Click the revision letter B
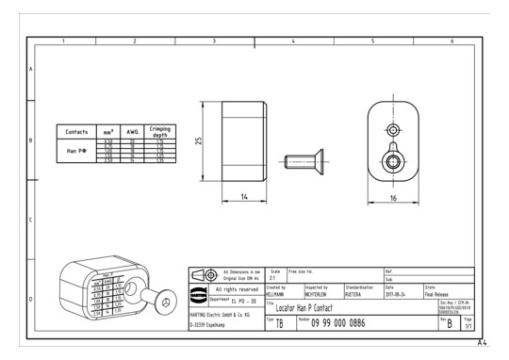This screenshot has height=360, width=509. (475, 324)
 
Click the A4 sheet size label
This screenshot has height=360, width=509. (482, 342)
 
